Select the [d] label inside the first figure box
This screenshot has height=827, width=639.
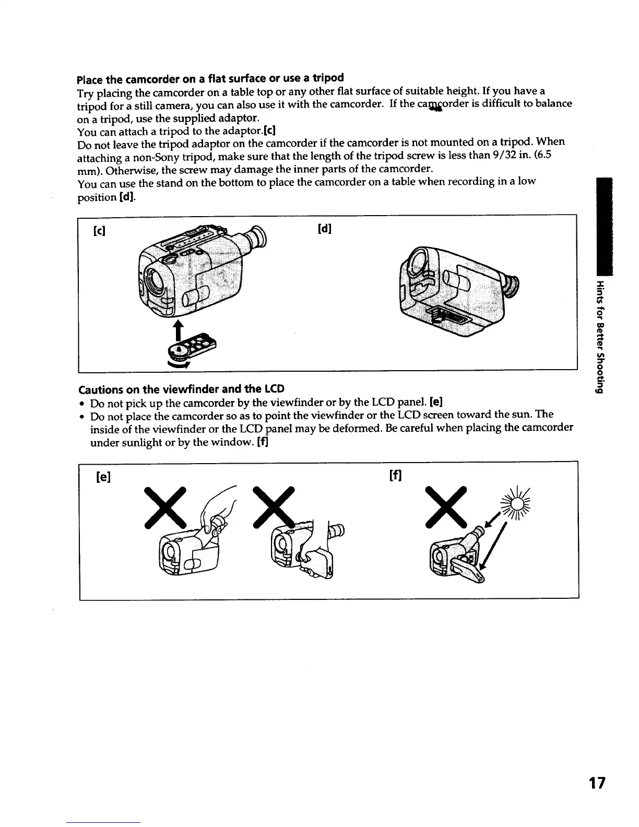(x=325, y=229)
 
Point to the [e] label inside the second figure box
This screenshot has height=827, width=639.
(x=105, y=477)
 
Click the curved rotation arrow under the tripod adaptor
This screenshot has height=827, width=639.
(x=177, y=364)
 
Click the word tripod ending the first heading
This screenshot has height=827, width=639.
(x=328, y=78)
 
